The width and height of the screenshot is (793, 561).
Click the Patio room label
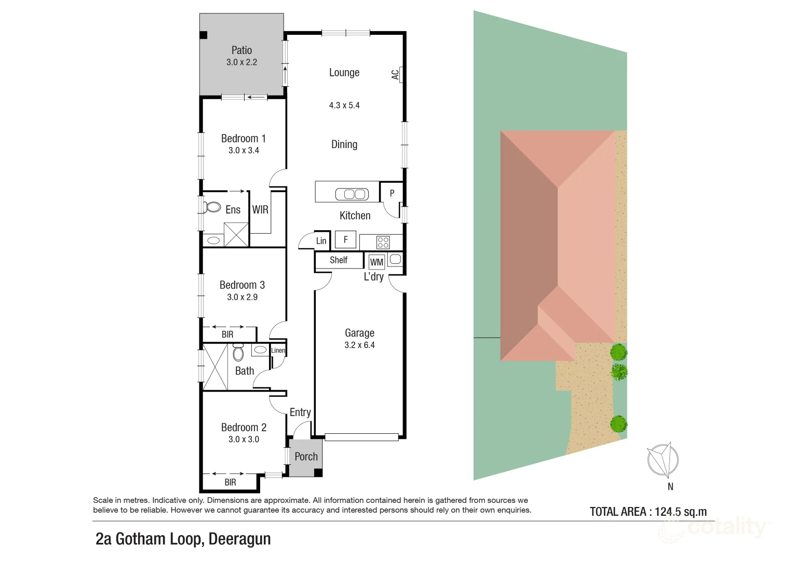pyautogui.click(x=241, y=50)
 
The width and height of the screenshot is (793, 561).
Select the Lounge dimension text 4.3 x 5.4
pyautogui.click(x=344, y=105)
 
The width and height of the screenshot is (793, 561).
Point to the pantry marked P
pyautogui.click(x=392, y=193)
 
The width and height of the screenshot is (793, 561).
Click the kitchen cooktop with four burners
pyautogui.click(x=383, y=242)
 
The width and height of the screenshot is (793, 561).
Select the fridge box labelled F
pyautogui.click(x=345, y=239)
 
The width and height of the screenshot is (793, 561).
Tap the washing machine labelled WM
pyautogui.click(x=377, y=262)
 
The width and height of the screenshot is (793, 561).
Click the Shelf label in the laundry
pyautogui.click(x=339, y=260)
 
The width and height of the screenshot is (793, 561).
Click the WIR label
pyautogui.click(x=260, y=210)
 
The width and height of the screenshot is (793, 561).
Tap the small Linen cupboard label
pyautogui.click(x=278, y=351)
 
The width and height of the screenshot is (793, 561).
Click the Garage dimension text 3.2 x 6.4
pyautogui.click(x=359, y=345)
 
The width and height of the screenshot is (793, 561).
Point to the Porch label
pyautogui.click(x=306, y=457)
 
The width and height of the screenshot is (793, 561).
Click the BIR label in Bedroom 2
pyautogui.click(x=230, y=483)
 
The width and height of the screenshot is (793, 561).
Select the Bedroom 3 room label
pyautogui.click(x=242, y=285)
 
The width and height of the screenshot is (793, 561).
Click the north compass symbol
pyautogui.click(x=663, y=460)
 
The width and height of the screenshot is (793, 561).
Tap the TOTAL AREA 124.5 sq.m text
pyautogui.click(x=648, y=512)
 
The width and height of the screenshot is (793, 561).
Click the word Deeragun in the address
pyautogui.click(x=239, y=539)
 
